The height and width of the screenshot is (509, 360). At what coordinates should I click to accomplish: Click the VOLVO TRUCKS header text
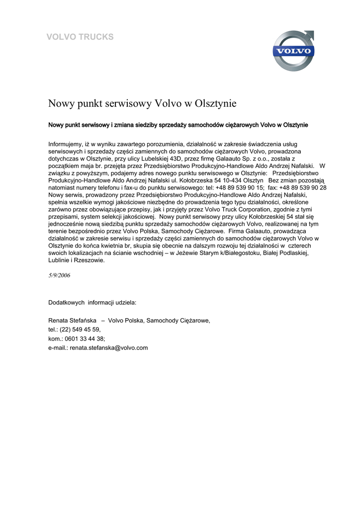coord(80,37)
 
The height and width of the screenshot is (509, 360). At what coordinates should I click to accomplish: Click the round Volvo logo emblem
coord(293,51)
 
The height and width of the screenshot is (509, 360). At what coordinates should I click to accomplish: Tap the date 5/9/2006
coord(59,275)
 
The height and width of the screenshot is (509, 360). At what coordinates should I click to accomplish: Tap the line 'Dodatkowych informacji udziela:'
coord(92,302)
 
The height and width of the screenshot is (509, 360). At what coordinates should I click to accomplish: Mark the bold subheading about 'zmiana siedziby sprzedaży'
coord(178,125)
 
